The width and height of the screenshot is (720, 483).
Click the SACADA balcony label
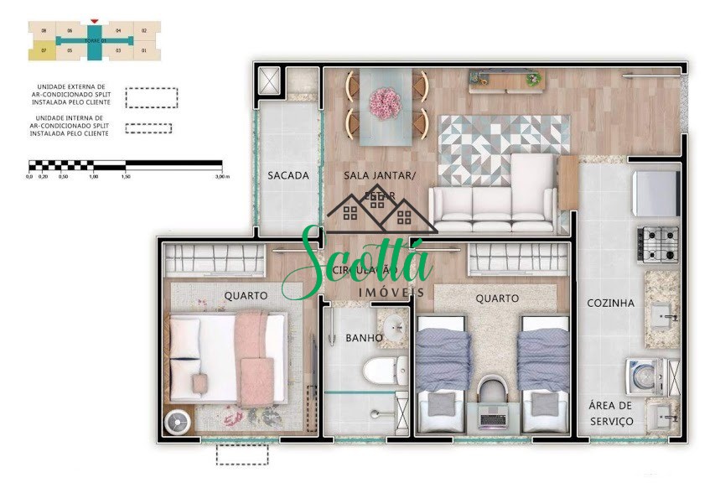[x=288, y=176]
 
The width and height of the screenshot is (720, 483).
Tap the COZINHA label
[x=610, y=303]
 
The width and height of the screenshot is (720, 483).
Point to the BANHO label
[x=365, y=338]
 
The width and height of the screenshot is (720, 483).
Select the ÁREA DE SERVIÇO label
[x=610, y=413]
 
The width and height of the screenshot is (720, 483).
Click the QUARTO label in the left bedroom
[x=246, y=295]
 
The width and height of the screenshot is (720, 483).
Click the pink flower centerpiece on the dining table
[x=386, y=102]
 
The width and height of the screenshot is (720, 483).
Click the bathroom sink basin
[x=391, y=326]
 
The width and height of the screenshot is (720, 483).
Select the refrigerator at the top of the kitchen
[x=656, y=194]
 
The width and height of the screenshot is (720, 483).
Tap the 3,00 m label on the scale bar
[x=221, y=177]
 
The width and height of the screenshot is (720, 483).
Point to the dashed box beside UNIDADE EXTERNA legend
[x=151, y=97]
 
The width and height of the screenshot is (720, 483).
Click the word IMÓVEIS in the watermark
[x=391, y=292]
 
